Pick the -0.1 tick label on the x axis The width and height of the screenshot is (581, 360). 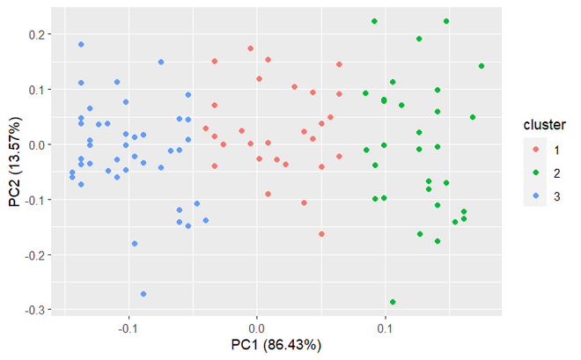point(129,327)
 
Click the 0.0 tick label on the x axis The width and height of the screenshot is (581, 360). point(257,327)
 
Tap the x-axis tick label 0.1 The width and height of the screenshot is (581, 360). point(385,327)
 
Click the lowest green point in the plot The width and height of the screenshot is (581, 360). point(393,302)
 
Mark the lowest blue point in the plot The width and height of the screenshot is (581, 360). point(143,294)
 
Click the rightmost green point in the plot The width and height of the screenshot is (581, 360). point(482,66)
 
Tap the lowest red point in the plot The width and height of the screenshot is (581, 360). point(321,234)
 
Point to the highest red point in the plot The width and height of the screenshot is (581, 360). point(251,48)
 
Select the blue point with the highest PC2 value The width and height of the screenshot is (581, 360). point(81,44)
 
